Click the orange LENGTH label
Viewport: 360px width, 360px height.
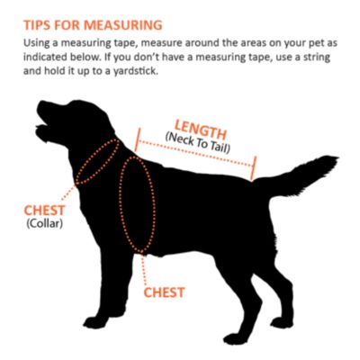pos(200,130)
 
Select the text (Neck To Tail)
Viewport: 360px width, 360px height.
pos(198,143)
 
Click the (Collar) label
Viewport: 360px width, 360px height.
pos(45,224)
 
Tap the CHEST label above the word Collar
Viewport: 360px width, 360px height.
pos(44,211)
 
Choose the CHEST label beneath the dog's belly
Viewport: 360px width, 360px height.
pos(164,292)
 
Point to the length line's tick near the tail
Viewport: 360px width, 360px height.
pos(254,168)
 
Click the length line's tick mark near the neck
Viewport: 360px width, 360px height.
pos(138,139)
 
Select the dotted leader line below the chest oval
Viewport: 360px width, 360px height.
pos(144,269)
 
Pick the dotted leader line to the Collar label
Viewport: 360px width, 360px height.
pos(68,193)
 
